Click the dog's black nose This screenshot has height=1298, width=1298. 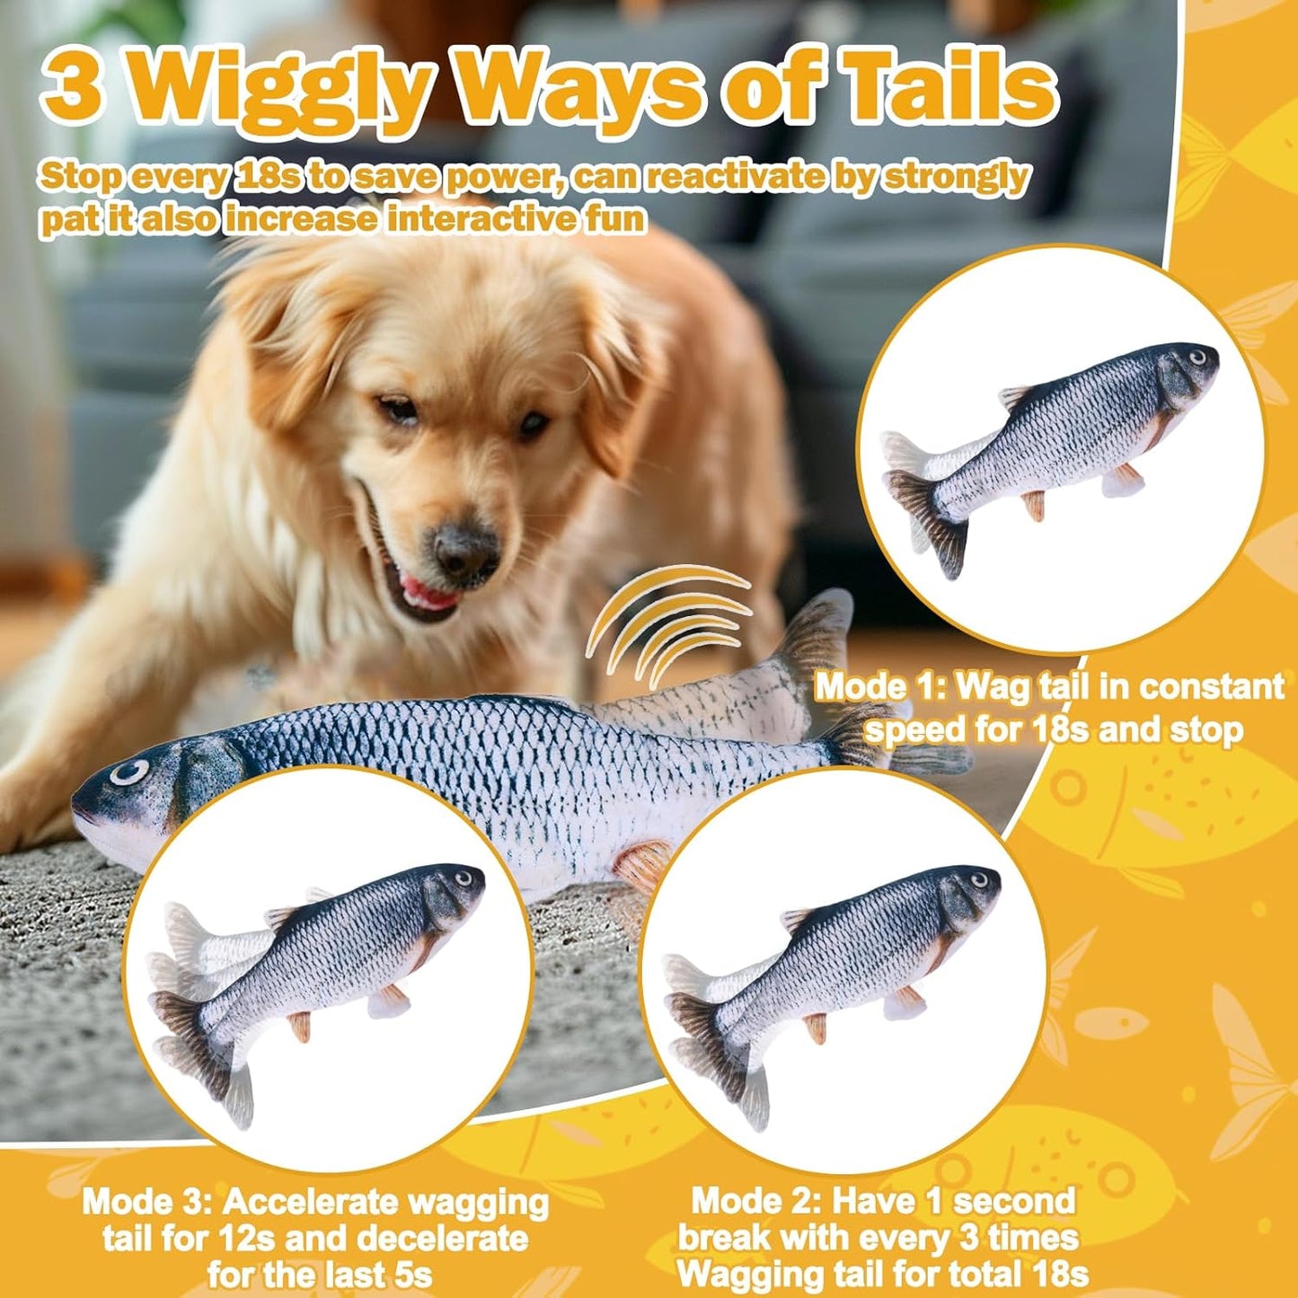(x=466, y=549)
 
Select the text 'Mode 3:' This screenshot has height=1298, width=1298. (x=147, y=1202)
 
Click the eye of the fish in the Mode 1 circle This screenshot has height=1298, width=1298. (x=1197, y=358)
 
